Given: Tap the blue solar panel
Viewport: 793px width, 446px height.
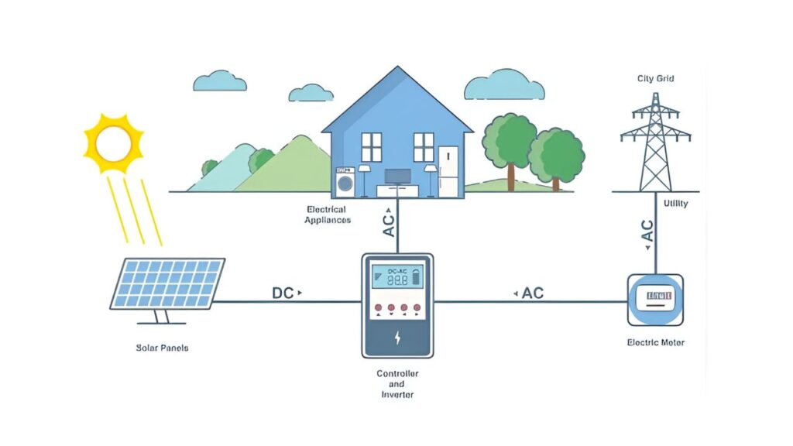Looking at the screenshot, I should pos(167,283).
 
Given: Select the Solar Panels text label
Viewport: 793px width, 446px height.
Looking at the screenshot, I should pos(162,348).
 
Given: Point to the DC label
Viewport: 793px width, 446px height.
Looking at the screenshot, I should pos(283,293).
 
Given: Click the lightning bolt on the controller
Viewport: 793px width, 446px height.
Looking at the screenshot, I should pos(397,338).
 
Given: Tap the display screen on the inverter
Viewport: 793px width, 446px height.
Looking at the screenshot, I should pos(397,277).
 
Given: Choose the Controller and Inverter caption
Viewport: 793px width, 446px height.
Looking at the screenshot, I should pos(396,384).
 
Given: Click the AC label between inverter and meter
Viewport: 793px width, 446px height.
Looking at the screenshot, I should pos(533,293).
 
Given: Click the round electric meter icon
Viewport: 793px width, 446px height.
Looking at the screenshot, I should pos(655,299).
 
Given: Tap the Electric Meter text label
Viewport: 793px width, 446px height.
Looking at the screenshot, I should pos(655,342).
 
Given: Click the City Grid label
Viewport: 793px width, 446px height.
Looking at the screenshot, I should pos(655,78).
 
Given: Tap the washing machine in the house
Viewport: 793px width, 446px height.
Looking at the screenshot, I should pos(345,182).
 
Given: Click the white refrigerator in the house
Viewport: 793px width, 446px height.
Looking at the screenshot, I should pos(448,170).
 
